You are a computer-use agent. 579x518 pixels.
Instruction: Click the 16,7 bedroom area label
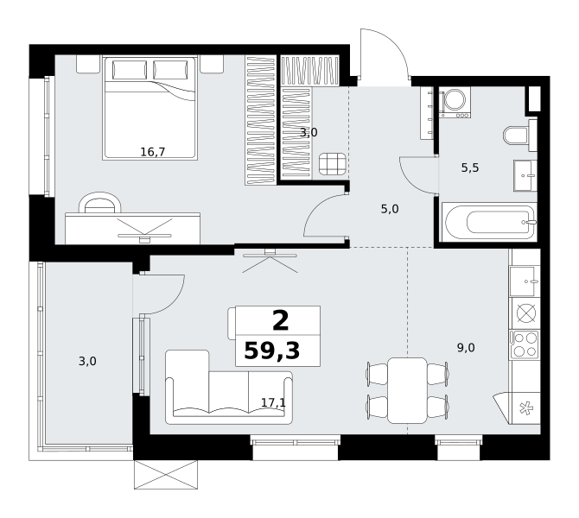(x=152, y=152)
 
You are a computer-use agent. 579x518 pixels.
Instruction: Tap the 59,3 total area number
(x=272, y=351)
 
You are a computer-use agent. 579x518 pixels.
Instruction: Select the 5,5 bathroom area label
(x=470, y=167)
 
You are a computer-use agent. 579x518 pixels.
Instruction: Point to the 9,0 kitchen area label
(x=466, y=348)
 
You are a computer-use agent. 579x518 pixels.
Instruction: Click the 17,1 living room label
(x=273, y=402)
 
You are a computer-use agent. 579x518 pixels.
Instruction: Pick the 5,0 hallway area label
(x=390, y=209)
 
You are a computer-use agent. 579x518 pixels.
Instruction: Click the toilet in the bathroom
(x=516, y=135)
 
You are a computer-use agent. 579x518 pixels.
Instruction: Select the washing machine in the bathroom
(x=455, y=102)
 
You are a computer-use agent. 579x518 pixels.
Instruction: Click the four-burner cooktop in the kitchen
(x=524, y=344)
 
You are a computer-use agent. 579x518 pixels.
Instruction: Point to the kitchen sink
(x=525, y=281)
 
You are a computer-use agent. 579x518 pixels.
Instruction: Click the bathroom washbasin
(x=525, y=175)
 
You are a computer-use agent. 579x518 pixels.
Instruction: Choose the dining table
(x=407, y=390)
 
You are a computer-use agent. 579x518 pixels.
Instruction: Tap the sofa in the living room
(x=229, y=388)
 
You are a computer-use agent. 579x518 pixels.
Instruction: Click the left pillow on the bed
(x=130, y=70)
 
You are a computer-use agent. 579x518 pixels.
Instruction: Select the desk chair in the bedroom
(x=100, y=202)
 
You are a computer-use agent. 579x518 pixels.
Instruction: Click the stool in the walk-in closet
(x=333, y=164)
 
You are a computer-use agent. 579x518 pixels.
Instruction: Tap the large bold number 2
(x=281, y=321)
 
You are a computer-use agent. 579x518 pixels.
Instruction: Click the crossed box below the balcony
(x=165, y=475)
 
